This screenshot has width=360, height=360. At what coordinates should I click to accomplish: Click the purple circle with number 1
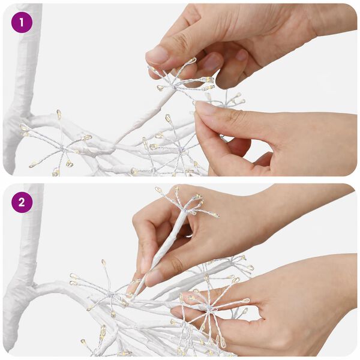[x=22, y=23]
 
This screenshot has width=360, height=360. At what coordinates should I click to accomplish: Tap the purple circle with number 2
[x=22, y=202]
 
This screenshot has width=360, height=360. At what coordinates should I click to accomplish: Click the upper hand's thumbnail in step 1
[x=157, y=55]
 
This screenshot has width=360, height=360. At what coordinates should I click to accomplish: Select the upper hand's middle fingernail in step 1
[x=242, y=55]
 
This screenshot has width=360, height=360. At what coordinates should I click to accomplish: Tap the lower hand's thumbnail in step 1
[x=205, y=108]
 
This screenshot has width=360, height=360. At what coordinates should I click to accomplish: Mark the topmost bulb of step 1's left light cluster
[x=59, y=114]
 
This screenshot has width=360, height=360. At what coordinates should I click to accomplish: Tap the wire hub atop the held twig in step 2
[x=184, y=209]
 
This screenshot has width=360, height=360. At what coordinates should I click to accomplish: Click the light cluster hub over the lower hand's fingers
[x=208, y=310]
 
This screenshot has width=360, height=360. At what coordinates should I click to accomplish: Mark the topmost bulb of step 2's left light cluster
[x=104, y=262]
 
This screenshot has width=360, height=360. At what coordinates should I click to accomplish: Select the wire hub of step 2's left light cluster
[x=111, y=295]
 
